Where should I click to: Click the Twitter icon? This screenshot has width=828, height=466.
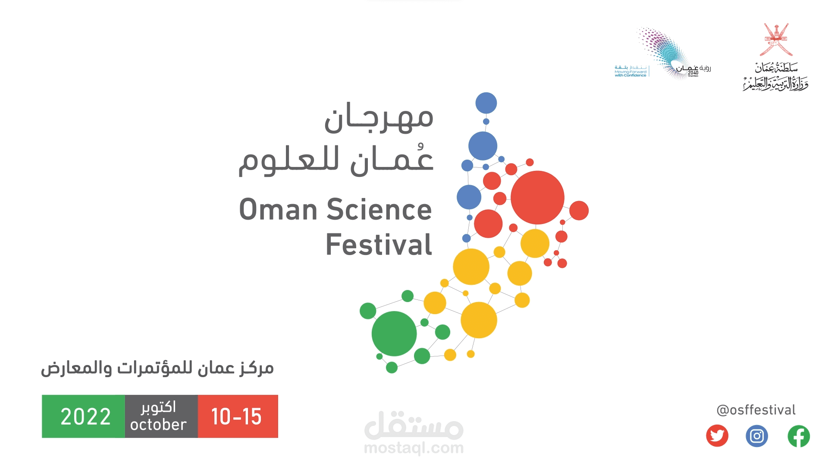[717, 436]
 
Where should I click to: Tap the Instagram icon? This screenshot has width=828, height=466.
[757, 436]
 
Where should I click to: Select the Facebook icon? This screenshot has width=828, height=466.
[798, 436]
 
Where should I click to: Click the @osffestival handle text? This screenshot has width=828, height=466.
[756, 410]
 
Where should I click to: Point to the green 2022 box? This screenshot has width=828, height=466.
[84, 416]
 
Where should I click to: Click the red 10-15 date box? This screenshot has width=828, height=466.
[237, 416]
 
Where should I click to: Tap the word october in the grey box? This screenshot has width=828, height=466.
[158, 425]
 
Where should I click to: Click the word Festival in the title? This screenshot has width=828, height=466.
[379, 245]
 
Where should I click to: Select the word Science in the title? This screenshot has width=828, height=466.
[379, 210]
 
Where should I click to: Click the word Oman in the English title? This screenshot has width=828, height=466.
[279, 210]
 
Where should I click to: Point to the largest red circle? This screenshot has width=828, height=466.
[537, 198]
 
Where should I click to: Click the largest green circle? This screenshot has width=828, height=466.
[394, 334]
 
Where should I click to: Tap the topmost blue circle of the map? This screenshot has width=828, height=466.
[486, 103]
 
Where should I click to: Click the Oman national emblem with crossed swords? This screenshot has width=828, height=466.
[776, 40]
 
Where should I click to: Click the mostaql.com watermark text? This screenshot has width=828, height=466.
[414, 448]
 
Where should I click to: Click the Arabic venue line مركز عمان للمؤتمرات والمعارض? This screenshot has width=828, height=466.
[157, 368]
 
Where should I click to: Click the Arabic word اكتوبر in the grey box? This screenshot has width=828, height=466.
[158, 407]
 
